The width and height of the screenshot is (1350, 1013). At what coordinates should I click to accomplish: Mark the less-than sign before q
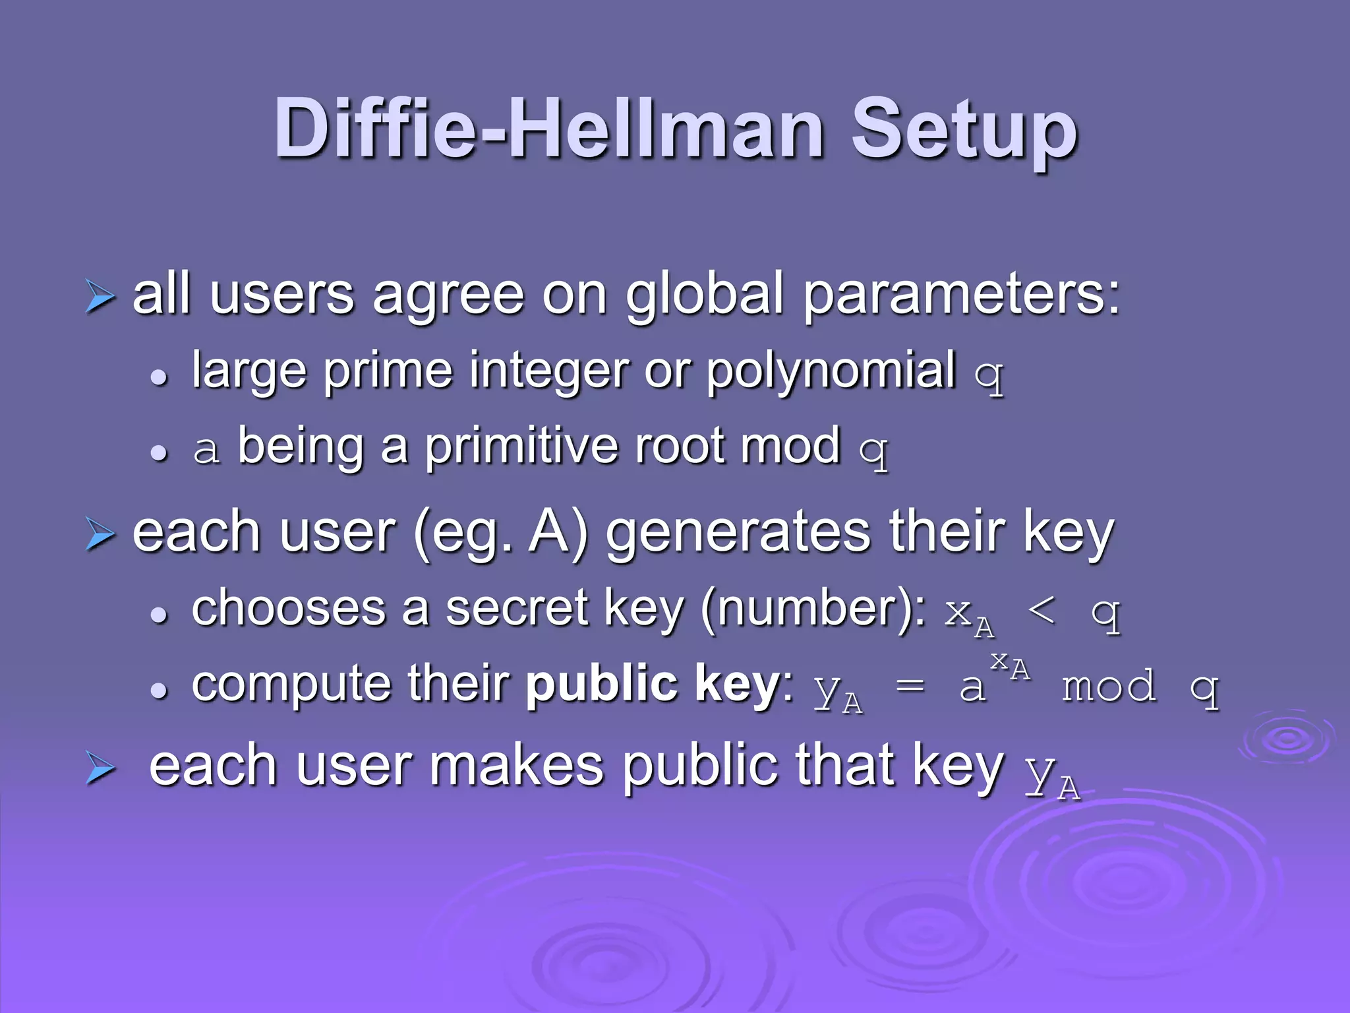pos(1042,611)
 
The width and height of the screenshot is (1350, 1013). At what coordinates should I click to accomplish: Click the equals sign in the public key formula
pos(910,687)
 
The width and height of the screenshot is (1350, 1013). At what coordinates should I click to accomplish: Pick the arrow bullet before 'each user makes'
pos(100,770)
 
